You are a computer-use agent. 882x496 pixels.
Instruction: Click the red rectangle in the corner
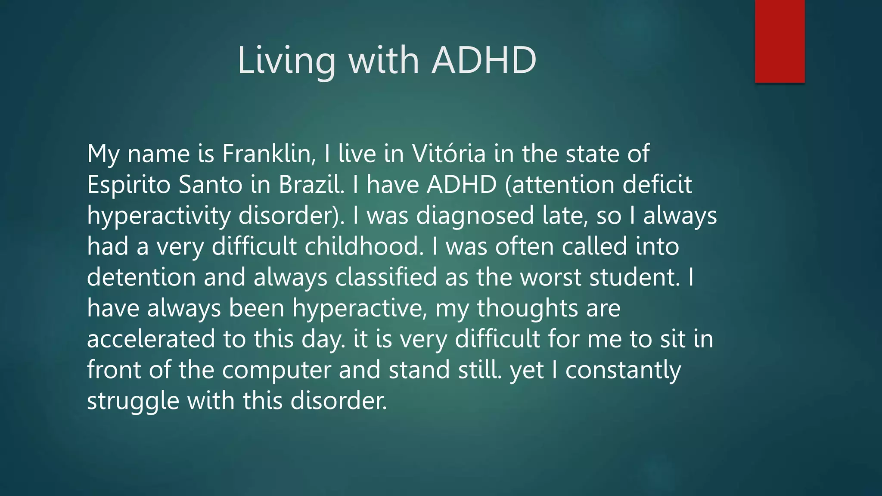click(780, 41)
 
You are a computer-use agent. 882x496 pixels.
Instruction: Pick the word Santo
click(211, 185)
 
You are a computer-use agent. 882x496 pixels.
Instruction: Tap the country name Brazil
click(311, 185)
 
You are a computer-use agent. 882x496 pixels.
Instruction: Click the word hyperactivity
click(159, 216)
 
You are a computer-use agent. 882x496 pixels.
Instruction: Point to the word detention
click(141, 277)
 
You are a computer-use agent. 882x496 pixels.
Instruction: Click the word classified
click(386, 277)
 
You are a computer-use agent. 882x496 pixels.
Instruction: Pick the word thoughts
click(527, 308)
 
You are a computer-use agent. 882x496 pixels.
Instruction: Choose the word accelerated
click(151, 339)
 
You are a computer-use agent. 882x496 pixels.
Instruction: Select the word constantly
click(623, 370)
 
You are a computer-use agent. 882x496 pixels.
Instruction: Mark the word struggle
click(133, 401)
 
